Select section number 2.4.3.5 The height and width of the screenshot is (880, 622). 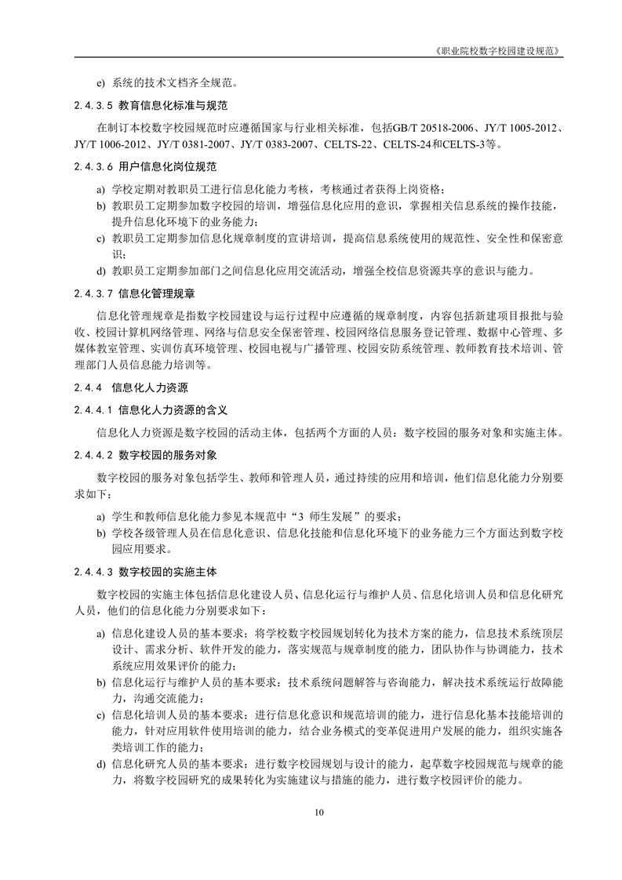[94, 105]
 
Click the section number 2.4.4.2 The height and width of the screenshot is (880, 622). [94, 454]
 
